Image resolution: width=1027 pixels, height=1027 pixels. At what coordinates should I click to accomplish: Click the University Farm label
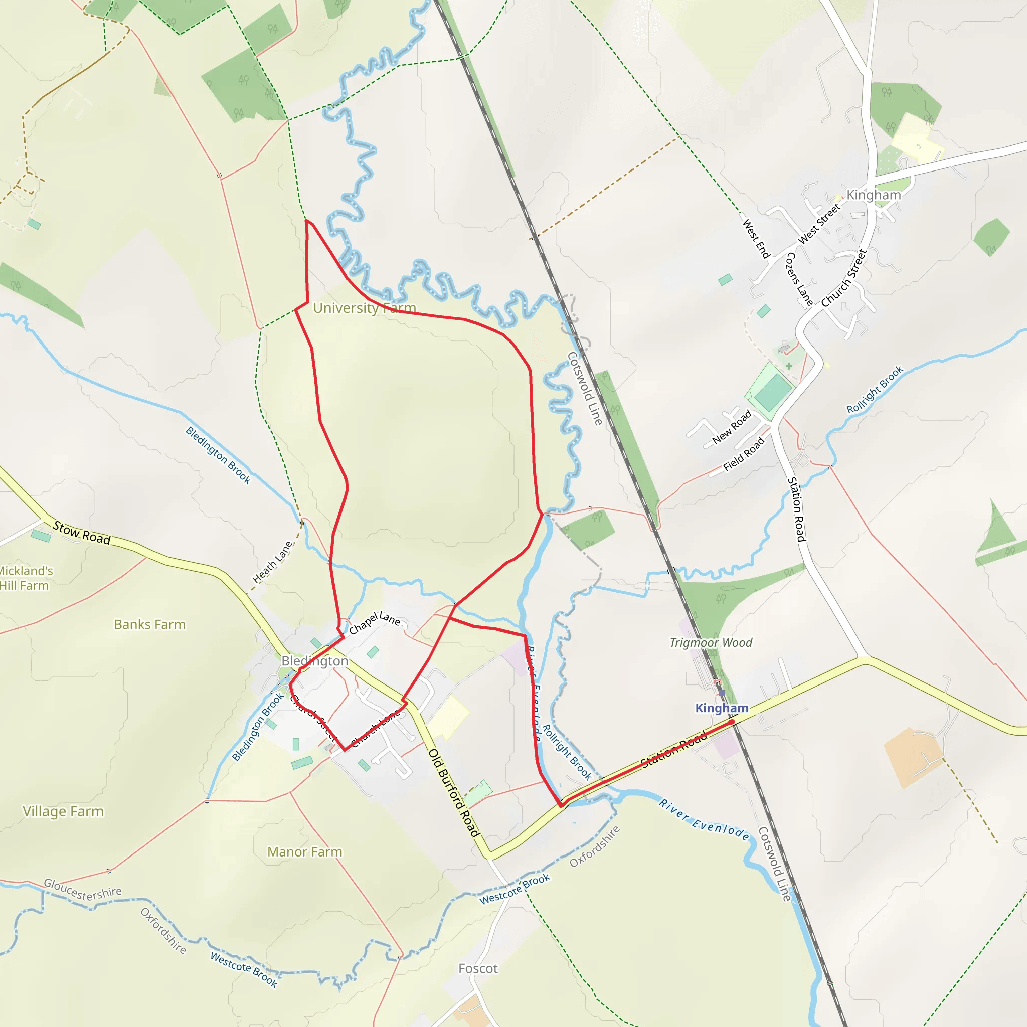click(x=364, y=308)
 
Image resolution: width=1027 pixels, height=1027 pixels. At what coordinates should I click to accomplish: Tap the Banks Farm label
click(x=150, y=625)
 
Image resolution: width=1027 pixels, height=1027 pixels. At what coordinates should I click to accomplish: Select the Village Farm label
click(x=63, y=812)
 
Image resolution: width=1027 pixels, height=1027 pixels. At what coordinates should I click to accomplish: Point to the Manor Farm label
click(x=304, y=852)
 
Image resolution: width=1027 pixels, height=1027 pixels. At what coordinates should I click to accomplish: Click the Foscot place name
click(x=478, y=968)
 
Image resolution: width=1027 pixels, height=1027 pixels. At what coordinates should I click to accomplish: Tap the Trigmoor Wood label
click(x=711, y=643)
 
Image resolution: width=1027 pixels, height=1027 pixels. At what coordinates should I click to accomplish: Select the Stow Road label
click(x=82, y=533)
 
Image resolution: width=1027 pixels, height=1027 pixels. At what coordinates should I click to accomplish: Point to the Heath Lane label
click(x=272, y=563)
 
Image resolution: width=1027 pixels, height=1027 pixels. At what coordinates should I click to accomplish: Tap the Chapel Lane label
click(x=375, y=622)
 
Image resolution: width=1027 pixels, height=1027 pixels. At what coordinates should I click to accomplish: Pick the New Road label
click(x=732, y=427)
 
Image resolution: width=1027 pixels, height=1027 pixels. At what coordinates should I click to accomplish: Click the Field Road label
click(x=744, y=454)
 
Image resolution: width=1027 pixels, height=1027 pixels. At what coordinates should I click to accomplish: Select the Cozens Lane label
click(x=799, y=279)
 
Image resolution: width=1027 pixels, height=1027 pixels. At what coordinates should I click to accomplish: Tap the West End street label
click(x=756, y=239)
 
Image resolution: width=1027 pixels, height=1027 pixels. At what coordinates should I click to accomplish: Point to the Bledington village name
click(x=315, y=661)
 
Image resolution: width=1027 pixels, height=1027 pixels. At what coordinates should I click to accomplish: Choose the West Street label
click(x=819, y=224)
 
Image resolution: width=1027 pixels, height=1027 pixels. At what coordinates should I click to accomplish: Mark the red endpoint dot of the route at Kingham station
click(x=732, y=722)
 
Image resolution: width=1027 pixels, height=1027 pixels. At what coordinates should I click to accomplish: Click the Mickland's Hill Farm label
click(x=25, y=578)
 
